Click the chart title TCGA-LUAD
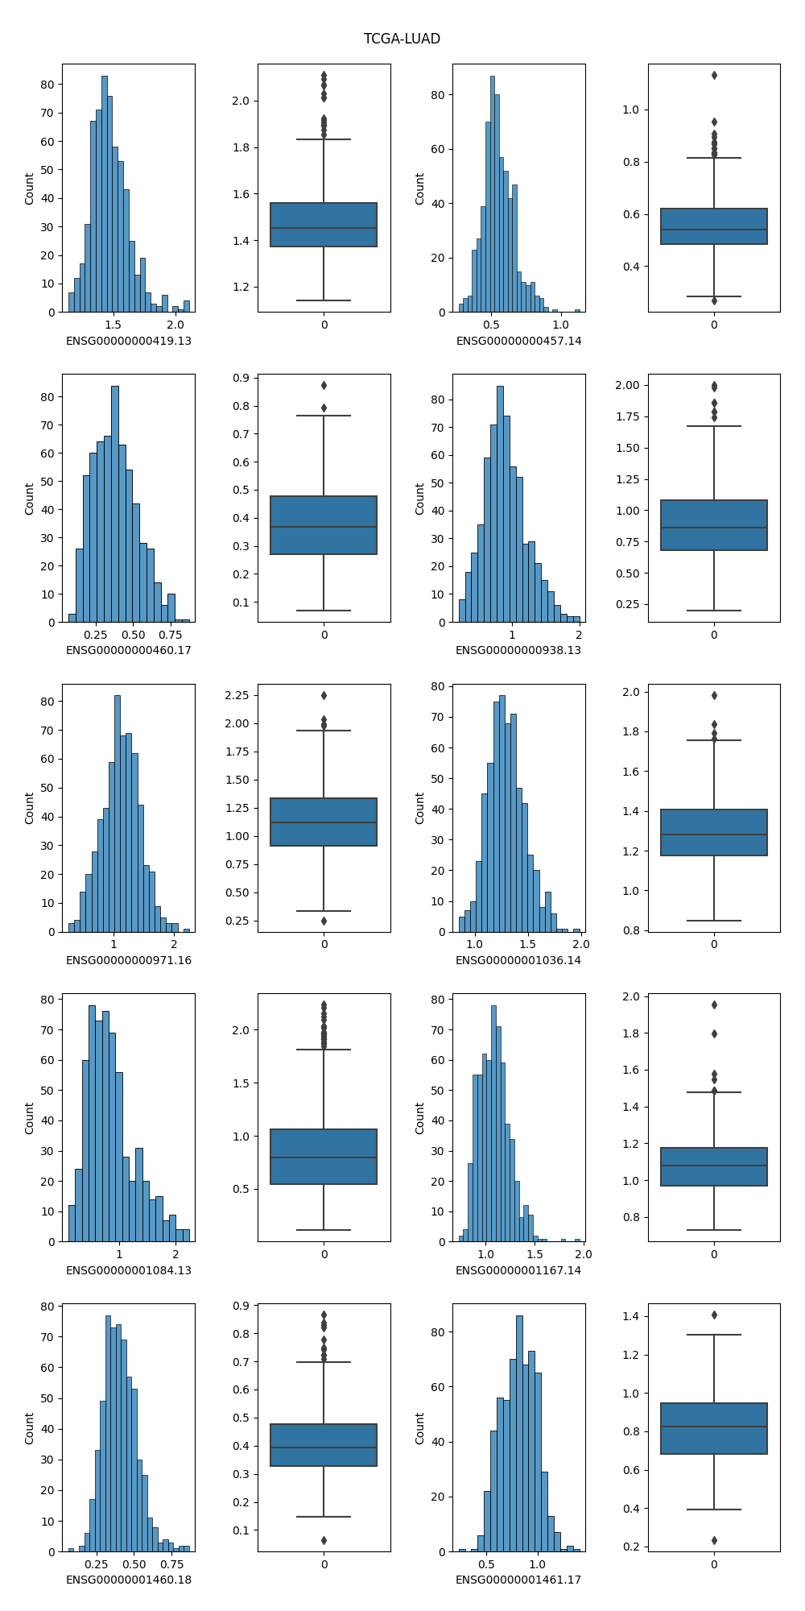(x=402, y=39)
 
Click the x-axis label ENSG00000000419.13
(x=129, y=341)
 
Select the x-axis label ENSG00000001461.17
(x=518, y=1580)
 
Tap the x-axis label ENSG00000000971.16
(x=129, y=960)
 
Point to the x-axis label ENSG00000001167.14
(x=518, y=1270)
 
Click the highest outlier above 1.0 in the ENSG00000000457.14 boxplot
(x=714, y=76)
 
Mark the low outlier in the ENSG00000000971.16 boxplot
(x=324, y=921)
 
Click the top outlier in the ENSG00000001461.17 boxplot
(x=714, y=1315)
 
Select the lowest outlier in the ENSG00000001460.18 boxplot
(x=324, y=1540)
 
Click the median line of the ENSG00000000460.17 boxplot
(x=324, y=527)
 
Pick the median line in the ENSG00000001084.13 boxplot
(x=324, y=1158)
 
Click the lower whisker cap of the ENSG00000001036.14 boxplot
(x=714, y=921)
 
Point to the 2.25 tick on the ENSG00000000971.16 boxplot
(x=241, y=695)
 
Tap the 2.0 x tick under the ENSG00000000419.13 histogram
(x=175, y=325)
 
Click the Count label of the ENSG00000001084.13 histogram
(x=30, y=1118)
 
